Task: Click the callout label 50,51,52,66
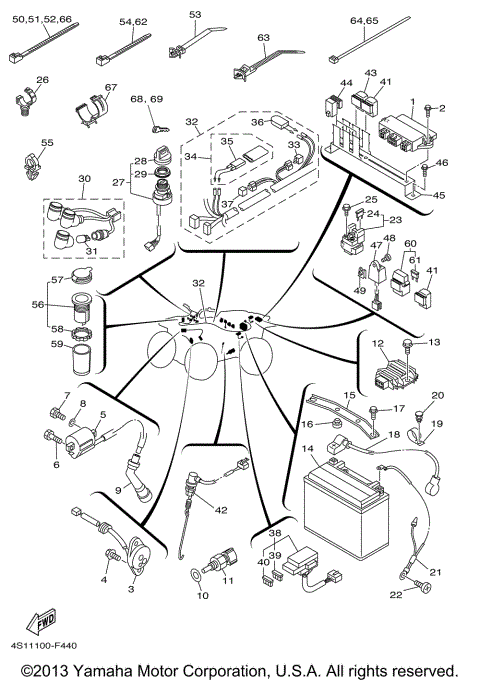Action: pyautogui.click(x=43, y=19)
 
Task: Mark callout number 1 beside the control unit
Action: pyautogui.click(x=411, y=102)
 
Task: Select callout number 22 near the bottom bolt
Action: pyautogui.click(x=396, y=595)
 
